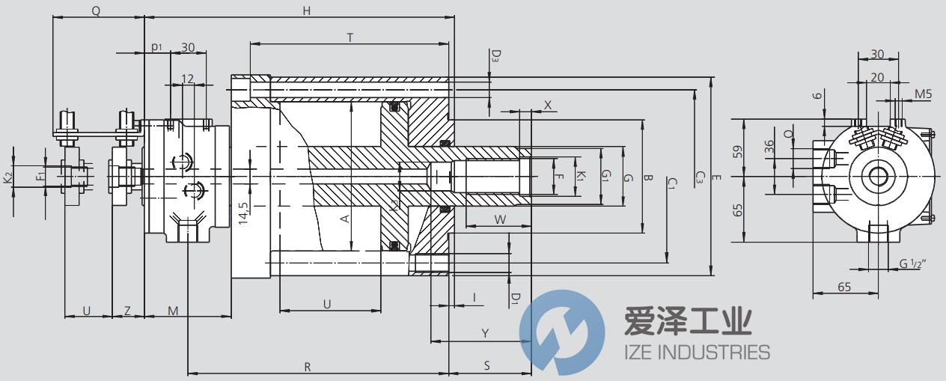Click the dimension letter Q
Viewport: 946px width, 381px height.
[95, 10]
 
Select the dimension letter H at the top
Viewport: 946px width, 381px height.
[306, 10]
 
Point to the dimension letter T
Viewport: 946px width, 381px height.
[350, 37]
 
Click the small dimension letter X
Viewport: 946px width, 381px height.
[548, 106]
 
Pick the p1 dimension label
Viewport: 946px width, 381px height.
[156, 47]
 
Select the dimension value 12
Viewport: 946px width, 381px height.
[188, 78]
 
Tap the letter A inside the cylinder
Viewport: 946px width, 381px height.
[345, 219]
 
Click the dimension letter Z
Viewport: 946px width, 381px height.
[127, 310]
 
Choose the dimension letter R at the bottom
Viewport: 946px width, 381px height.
[308, 367]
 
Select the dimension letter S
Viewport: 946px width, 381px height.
[486, 366]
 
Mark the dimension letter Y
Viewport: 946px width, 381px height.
[485, 332]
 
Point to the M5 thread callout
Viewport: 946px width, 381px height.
[923, 94]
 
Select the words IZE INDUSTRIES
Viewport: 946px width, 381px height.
[697, 352]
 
